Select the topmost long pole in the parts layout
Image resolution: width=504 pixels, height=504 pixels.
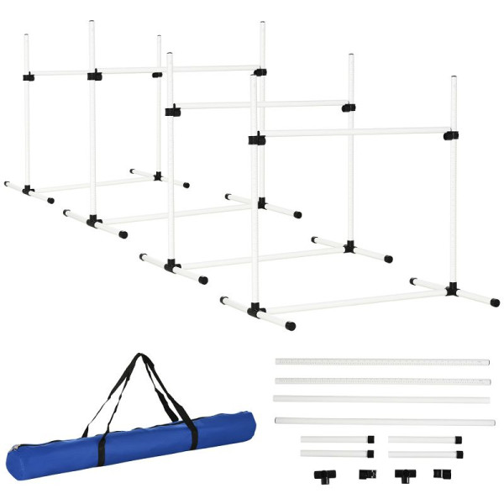click(381, 362)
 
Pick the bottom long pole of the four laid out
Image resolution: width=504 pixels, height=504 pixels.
click(383, 421)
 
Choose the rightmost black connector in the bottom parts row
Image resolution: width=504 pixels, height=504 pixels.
click(438, 474)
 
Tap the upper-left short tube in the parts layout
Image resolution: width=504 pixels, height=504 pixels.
click(335, 438)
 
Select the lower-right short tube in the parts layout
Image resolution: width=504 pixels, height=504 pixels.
click(424, 454)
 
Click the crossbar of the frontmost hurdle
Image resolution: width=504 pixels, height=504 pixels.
click(353, 132)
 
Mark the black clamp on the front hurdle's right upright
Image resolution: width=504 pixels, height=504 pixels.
click(451, 134)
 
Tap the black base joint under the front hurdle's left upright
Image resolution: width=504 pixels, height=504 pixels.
click(255, 311)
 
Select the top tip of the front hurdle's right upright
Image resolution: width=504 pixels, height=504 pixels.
click(454, 79)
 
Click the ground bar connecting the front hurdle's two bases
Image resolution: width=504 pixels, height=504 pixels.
click(353, 300)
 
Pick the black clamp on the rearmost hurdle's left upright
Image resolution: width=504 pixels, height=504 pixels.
click(28, 76)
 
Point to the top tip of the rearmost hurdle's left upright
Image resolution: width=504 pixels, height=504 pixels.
click(26, 36)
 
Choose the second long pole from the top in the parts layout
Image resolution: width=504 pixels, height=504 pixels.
click(381, 381)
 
